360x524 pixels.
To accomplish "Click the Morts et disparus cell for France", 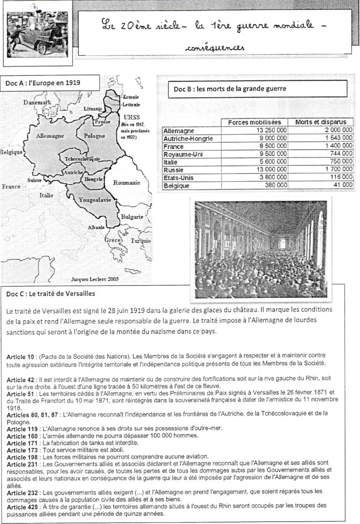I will pos(335,145).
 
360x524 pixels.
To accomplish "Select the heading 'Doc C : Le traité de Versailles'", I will pos(51,294).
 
